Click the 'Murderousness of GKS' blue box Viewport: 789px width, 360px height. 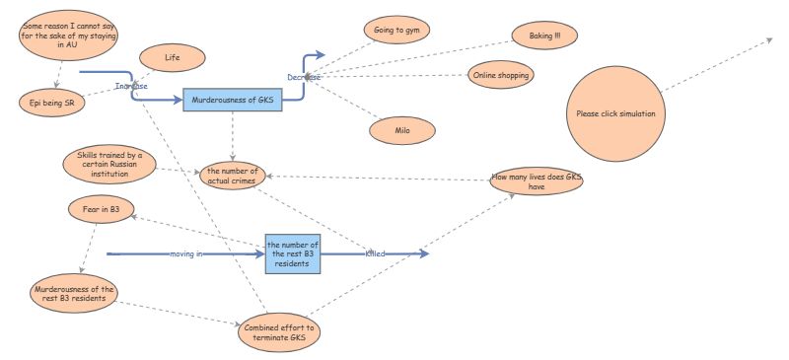(x=233, y=100)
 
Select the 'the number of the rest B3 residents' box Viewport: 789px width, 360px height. (x=293, y=253)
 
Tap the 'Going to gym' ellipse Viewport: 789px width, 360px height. (x=396, y=31)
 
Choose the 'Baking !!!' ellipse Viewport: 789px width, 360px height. (x=544, y=36)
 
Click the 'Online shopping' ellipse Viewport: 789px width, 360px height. (x=501, y=76)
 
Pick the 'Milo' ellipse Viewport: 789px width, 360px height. (x=402, y=129)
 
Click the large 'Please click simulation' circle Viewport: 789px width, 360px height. (x=614, y=113)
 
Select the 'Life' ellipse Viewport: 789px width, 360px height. (x=172, y=59)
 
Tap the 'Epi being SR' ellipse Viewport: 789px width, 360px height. (x=52, y=102)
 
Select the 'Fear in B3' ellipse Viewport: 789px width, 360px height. (x=101, y=209)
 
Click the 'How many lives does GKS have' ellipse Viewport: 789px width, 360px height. (x=537, y=181)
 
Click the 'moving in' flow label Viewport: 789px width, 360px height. (x=186, y=254)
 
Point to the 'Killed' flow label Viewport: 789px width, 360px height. (x=376, y=254)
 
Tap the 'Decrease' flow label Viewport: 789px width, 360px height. (x=304, y=77)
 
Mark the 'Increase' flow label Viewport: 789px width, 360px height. (x=131, y=86)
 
